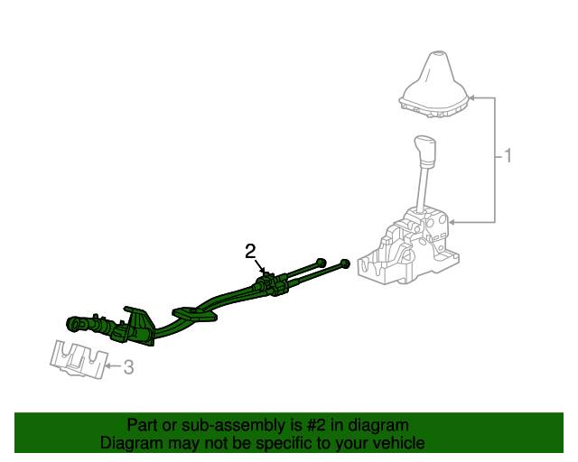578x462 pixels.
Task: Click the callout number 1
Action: tap(507, 157)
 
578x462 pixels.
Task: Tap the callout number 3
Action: tap(128, 367)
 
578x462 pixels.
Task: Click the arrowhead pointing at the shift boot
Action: tap(472, 97)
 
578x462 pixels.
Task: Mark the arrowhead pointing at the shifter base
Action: tap(453, 222)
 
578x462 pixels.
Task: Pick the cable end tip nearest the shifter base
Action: tap(345, 263)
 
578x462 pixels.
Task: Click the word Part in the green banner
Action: tap(143, 425)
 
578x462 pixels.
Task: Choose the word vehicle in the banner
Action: tap(398, 443)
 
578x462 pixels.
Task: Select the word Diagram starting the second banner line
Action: tap(130, 443)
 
